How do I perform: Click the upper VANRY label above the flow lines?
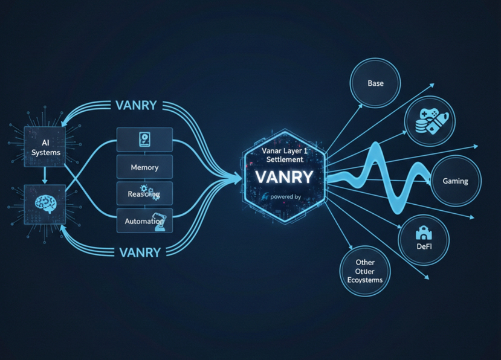point(135,105)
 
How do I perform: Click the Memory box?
point(144,167)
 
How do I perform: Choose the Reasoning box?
point(144,194)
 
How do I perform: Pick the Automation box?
point(144,221)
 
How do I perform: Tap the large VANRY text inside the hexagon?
point(283,177)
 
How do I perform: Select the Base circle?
point(375,83)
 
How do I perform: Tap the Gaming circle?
point(455,180)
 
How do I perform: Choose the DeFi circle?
point(424,240)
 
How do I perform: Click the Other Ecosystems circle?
point(365,271)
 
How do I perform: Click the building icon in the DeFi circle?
point(423,231)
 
